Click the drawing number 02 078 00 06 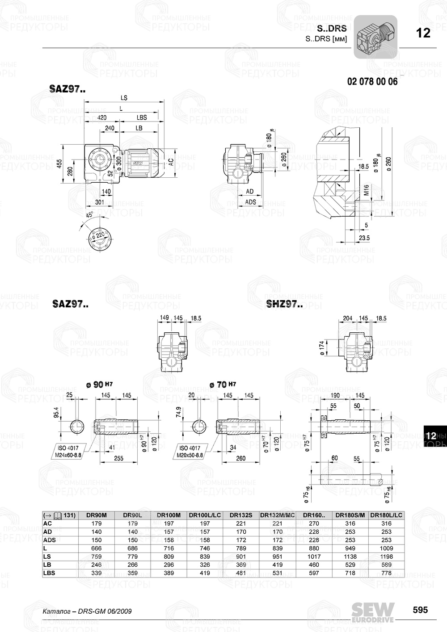point(372,81)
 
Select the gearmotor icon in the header point(375,37)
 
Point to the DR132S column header point(241,515)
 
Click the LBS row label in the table point(50,573)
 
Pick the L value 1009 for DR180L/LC point(386,548)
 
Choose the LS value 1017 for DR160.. point(314,557)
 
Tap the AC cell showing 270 point(314,523)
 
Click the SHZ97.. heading point(284,305)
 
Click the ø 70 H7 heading point(223,384)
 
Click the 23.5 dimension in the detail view point(364,238)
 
